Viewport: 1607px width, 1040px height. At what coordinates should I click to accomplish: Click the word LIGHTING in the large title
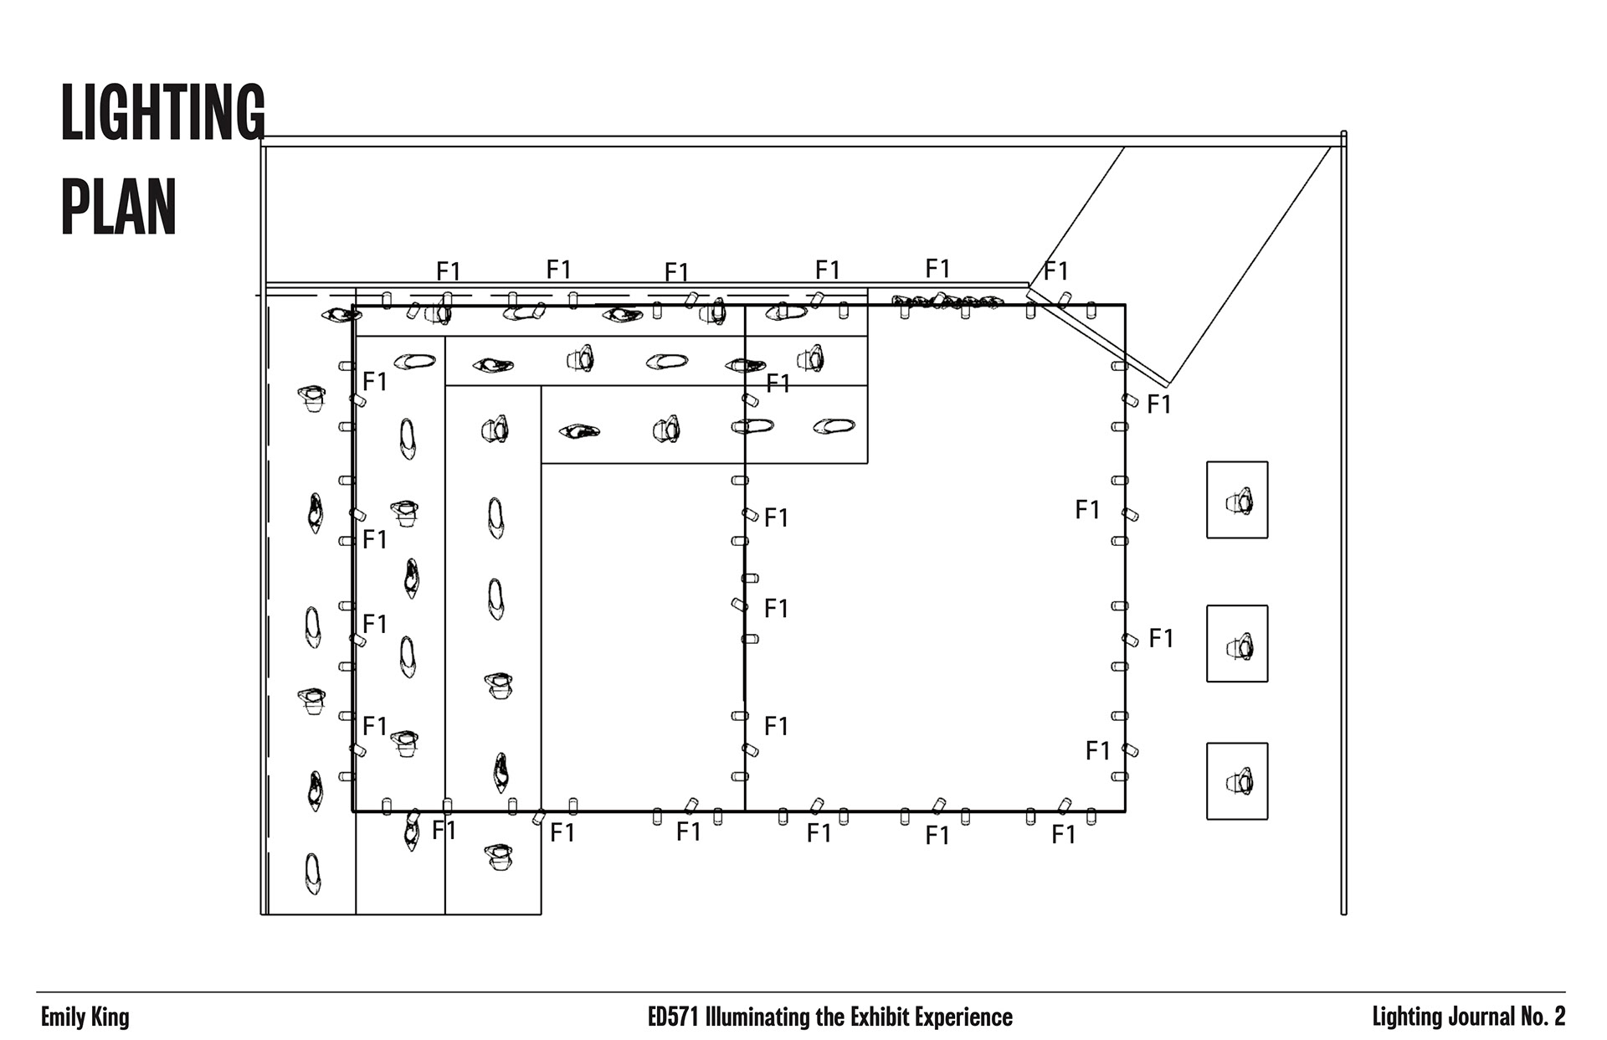click(x=162, y=112)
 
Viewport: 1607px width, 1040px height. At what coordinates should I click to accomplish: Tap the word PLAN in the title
click(x=119, y=207)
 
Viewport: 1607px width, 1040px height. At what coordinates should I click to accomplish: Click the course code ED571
click(x=674, y=1017)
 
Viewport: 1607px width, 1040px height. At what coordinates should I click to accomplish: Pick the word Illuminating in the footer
click(x=757, y=1017)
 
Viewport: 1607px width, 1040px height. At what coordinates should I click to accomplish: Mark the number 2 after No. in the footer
click(x=1559, y=1017)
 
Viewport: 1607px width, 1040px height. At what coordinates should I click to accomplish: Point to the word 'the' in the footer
click(x=830, y=1017)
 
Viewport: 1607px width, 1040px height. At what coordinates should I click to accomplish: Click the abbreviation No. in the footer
click(x=1531, y=1017)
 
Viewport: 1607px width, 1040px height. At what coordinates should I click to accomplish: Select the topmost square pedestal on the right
click(x=1236, y=500)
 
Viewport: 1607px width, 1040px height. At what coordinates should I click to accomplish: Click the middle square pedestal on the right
click(x=1236, y=643)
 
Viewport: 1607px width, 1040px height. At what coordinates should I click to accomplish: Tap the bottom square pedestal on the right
click(x=1236, y=780)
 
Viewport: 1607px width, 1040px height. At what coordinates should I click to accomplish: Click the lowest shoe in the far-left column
click(x=312, y=873)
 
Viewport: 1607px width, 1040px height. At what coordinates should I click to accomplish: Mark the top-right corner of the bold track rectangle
click(x=1125, y=306)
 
